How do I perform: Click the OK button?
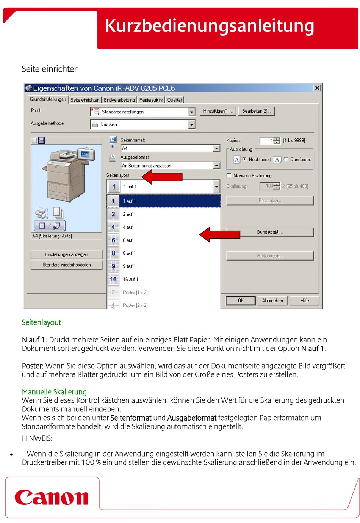click(241, 300)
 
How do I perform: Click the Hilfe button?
click(304, 300)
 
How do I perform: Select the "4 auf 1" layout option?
click(129, 227)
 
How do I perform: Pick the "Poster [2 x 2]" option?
click(135, 305)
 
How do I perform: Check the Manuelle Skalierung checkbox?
click(229, 175)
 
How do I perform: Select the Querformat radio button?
click(286, 159)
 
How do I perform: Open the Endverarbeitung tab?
click(119, 100)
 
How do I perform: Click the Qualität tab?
click(174, 100)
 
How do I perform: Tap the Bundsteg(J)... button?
click(270, 232)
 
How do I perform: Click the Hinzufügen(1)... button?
click(218, 111)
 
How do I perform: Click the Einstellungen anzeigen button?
click(66, 254)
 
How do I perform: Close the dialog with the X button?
click(317, 88)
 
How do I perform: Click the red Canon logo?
click(52, 497)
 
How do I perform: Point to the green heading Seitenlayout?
click(41, 322)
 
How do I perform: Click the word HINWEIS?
click(37, 438)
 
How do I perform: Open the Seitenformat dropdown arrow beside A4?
click(216, 148)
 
